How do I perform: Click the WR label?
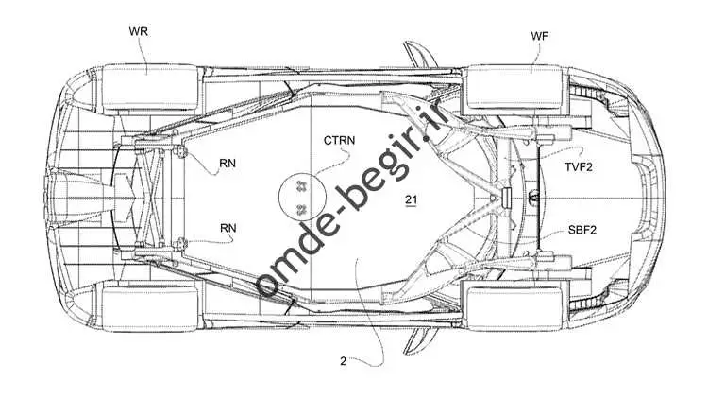tap(138, 31)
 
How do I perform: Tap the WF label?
tap(540, 36)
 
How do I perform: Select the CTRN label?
tap(339, 140)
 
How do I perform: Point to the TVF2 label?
tap(579, 167)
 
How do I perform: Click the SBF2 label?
tap(582, 230)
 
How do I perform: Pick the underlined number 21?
tap(411, 199)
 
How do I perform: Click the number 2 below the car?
tap(344, 361)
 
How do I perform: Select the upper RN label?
tap(228, 163)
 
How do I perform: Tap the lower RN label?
tap(228, 228)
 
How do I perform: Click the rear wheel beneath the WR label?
tap(150, 86)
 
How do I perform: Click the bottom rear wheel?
tap(150, 308)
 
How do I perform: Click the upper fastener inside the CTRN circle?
tap(301, 185)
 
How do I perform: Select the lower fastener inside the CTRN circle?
tap(302, 209)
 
